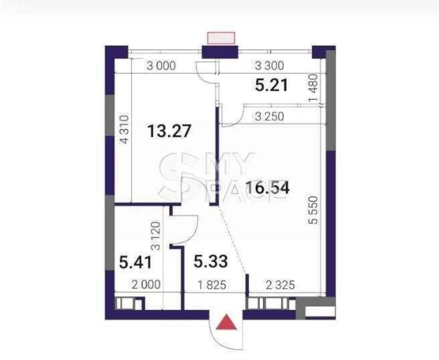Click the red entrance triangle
point(226,323)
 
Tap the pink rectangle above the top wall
point(221,38)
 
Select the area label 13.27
point(169,131)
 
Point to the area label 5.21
point(271,85)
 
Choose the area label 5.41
point(135,263)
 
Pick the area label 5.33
point(211,262)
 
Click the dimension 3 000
point(161,66)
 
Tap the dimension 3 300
point(269,65)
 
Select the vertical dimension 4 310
point(125,129)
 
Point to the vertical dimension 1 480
point(313,88)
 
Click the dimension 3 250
point(269,117)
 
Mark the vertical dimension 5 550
point(313,210)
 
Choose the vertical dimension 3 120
point(156,236)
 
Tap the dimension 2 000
point(146,285)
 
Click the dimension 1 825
point(212,285)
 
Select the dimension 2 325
point(280,285)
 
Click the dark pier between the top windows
point(220,52)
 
